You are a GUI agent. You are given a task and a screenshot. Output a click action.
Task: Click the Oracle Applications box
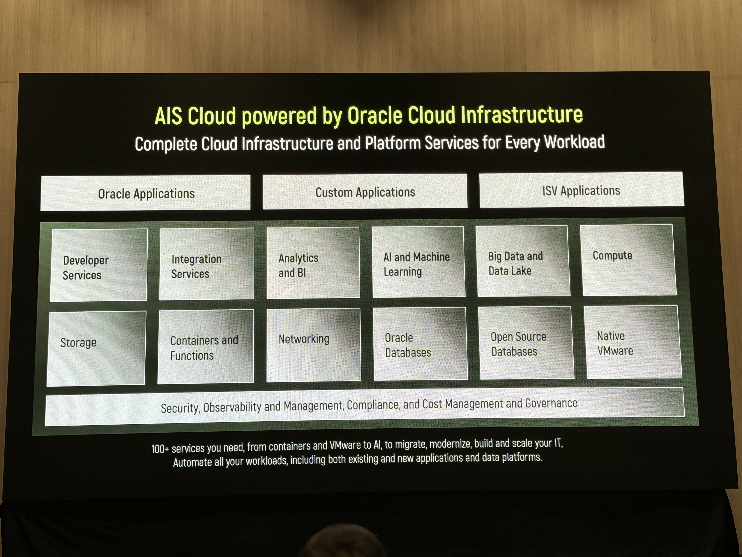[x=145, y=193]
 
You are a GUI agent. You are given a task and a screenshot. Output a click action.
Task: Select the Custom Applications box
[x=365, y=191]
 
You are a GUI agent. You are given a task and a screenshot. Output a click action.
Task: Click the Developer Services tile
[x=99, y=265]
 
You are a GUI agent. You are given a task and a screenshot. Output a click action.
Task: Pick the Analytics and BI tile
[x=313, y=262]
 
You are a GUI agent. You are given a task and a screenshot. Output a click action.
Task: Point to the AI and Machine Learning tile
[x=418, y=262]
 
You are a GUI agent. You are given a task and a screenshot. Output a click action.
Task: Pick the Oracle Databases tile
[x=420, y=344]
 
